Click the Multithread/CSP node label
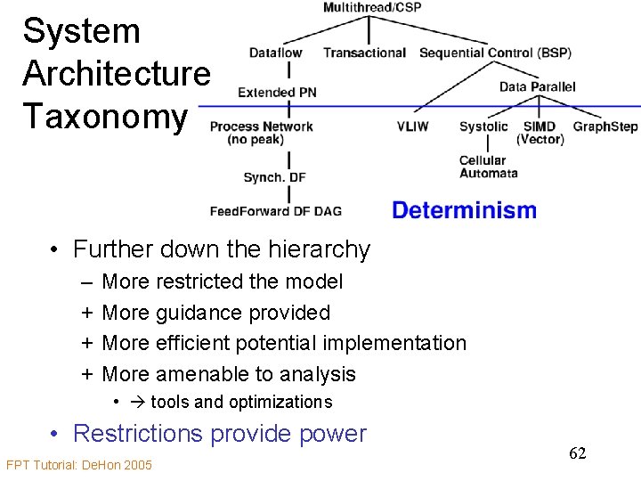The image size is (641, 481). (372, 8)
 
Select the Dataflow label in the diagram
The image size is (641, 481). (275, 53)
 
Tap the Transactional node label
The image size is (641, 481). (364, 53)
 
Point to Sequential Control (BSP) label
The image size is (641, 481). (495, 53)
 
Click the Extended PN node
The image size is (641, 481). (278, 92)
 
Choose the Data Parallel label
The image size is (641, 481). (537, 86)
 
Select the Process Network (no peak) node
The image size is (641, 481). (261, 132)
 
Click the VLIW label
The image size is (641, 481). (412, 126)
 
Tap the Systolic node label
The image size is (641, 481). (483, 126)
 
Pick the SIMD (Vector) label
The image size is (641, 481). (540, 132)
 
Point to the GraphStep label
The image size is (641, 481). (605, 126)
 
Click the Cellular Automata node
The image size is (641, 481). (488, 167)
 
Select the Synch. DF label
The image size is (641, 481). (274, 177)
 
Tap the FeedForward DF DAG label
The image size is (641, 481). (275, 211)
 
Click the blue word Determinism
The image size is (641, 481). (464, 211)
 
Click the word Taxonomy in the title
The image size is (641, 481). (105, 116)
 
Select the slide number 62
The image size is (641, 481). (578, 453)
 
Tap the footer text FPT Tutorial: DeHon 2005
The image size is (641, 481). (79, 465)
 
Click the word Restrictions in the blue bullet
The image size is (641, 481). (138, 434)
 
